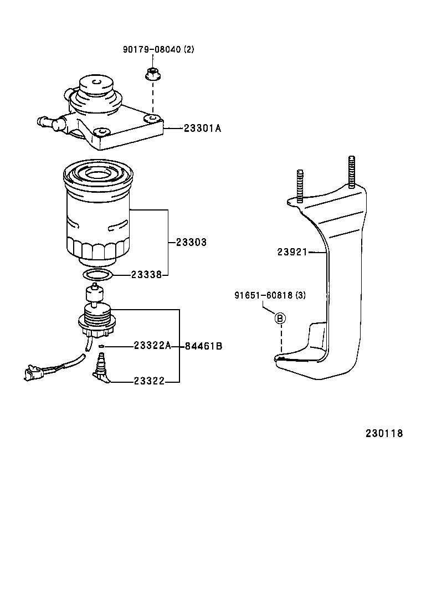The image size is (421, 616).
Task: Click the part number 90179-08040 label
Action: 158,50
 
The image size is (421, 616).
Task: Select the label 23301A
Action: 202,129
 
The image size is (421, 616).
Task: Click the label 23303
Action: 191,242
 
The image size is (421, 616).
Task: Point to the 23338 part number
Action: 146,274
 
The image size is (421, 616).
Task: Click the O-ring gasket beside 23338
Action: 99,275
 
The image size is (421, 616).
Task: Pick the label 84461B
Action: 203,346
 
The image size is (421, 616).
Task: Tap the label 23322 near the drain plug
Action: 149,381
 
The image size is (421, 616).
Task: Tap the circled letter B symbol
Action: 280,318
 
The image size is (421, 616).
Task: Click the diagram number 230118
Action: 384,433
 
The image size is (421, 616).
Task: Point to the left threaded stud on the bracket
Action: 300,185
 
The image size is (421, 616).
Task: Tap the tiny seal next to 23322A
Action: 102,347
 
